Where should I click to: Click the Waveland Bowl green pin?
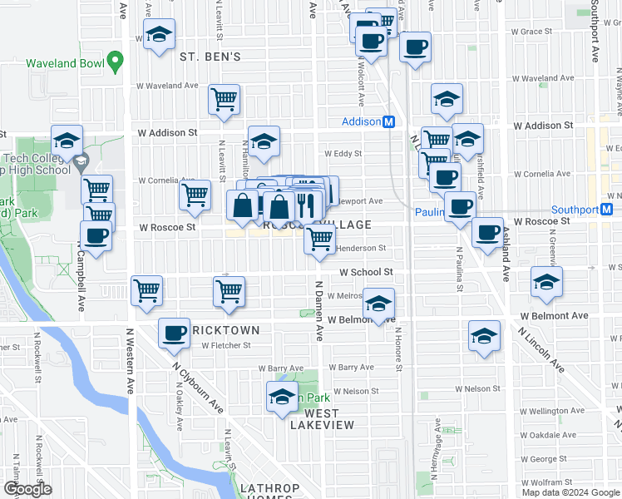pyautogui.click(x=116, y=61)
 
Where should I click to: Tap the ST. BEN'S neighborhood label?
pyautogui.click(x=210, y=57)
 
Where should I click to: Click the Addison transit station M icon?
pyautogui.click(x=388, y=121)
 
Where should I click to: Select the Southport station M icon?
pyautogui.click(x=608, y=210)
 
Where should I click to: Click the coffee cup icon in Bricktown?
pyautogui.click(x=175, y=333)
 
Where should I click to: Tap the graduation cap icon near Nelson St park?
pyautogui.click(x=282, y=396)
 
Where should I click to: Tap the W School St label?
pyautogui.click(x=365, y=272)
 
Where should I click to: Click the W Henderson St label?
pyautogui.click(x=361, y=248)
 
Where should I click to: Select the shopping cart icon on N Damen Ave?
pyautogui.click(x=320, y=240)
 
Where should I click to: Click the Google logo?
pyautogui.click(x=27, y=489)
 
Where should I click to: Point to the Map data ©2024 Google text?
pyautogui.click(x=570, y=492)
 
